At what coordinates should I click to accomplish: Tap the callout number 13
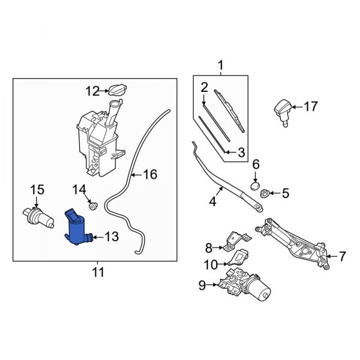tap(112, 237)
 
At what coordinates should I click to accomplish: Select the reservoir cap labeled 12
tap(116, 89)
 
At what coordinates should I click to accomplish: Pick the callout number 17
tap(310, 107)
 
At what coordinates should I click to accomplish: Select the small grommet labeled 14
tap(92, 206)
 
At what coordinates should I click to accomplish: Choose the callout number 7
tap(342, 257)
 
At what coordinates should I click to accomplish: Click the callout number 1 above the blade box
tap(220, 65)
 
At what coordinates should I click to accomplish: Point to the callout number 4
tap(212, 202)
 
